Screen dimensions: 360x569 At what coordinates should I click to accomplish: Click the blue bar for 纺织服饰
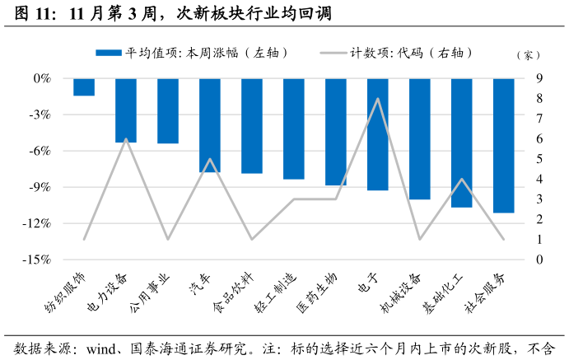(x=84, y=87)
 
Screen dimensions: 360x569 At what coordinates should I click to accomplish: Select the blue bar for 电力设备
(x=126, y=110)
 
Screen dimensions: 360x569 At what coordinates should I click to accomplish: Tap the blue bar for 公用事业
(x=168, y=111)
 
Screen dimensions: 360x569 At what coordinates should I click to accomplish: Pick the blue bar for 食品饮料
(x=252, y=126)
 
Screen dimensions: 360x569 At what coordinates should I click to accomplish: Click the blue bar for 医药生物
(x=336, y=132)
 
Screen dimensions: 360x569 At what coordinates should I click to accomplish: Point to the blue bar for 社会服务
(x=503, y=145)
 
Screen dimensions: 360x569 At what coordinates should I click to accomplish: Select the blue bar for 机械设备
(x=420, y=138)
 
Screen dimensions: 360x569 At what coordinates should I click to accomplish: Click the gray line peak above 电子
(x=378, y=99)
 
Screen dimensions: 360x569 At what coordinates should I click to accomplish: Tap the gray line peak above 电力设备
(x=126, y=139)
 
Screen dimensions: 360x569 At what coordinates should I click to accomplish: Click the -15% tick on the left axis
(x=39, y=259)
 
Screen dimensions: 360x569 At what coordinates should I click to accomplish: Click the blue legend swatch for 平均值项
(x=109, y=53)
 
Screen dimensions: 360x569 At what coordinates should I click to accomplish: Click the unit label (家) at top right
(x=527, y=55)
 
